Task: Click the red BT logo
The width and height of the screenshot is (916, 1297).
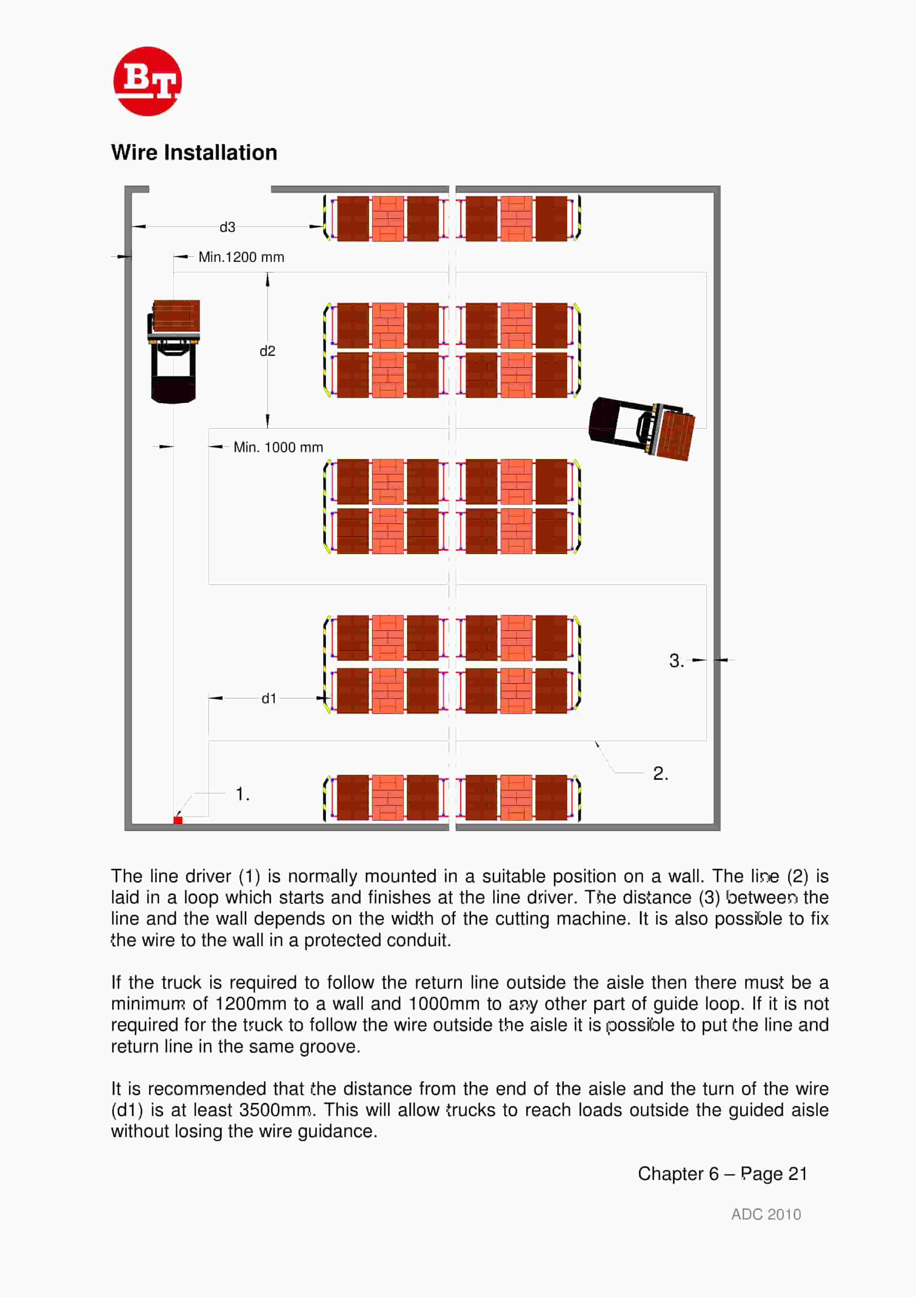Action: pos(147,81)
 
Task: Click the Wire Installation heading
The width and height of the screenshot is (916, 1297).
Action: pos(194,152)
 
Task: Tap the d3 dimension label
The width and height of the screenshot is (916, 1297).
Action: pos(227,227)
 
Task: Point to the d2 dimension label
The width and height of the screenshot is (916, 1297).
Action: pos(267,351)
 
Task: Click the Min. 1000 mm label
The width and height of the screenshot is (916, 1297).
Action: pos(278,447)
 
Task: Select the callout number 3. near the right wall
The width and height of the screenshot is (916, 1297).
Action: pos(676,660)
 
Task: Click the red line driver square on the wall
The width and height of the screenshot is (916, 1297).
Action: pos(178,820)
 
